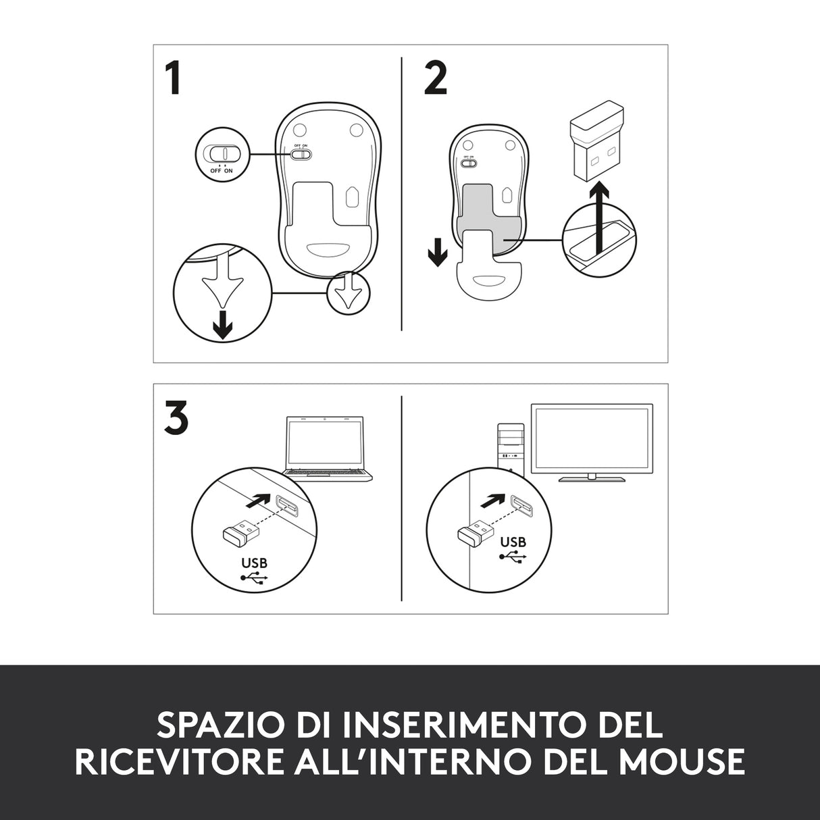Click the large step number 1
coord(173,78)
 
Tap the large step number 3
coord(176,419)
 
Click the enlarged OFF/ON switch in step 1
coord(222,153)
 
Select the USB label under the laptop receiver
coord(254,563)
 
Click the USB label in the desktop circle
coord(513,542)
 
